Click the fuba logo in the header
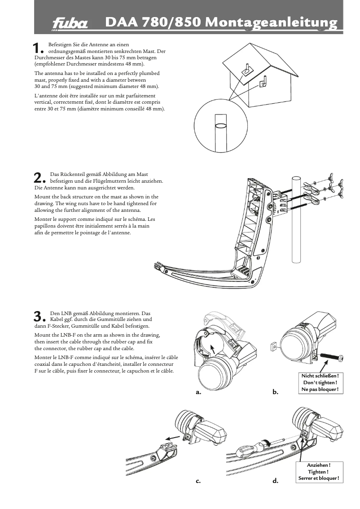[x=70, y=23]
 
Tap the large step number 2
[x=40, y=178]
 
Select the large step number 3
[x=40, y=316]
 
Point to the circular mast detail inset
[x=221, y=127]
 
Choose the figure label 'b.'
[x=276, y=392]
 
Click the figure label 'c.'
[x=198, y=481]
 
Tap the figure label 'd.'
[x=275, y=481]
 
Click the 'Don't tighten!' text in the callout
[x=320, y=382]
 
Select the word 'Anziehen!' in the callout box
[x=319, y=465]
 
